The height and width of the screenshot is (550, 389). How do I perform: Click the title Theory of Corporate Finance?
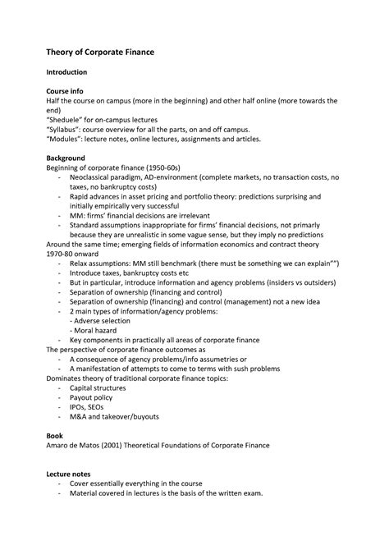(100, 52)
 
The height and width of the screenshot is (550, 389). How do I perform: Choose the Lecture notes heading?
(74, 474)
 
